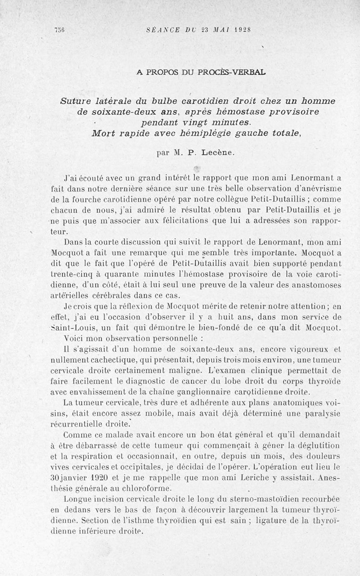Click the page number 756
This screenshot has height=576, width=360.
click(60, 30)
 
